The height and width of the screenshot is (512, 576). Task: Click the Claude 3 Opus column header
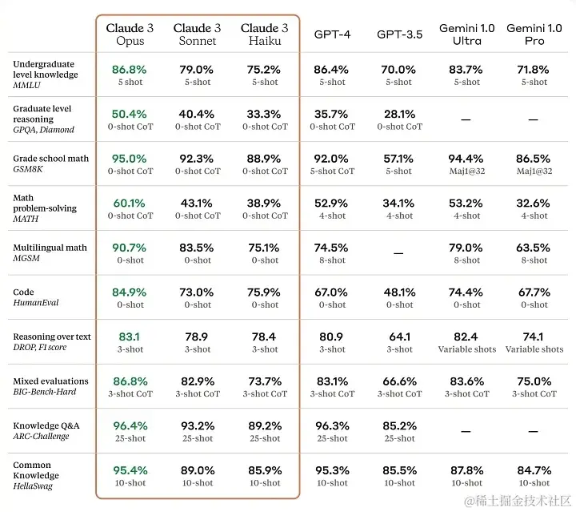(x=130, y=34)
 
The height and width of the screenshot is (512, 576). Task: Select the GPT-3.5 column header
(x=398, y=34)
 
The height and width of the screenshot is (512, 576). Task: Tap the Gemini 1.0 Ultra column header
(x=467, y=34)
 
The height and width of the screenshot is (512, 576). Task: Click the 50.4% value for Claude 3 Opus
(x=130, y=114)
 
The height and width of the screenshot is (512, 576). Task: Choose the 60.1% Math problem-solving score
(x=130, y=204)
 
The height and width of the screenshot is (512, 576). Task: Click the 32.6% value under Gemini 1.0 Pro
(x=534, y=204)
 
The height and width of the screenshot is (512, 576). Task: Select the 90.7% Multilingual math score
(x=130, y=248)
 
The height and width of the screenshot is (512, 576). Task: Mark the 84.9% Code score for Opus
(x=130, y=292)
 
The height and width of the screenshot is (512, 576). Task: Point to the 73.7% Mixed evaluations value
(x=265, y=381)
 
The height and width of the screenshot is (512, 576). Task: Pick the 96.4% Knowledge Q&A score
(x=130, y=426)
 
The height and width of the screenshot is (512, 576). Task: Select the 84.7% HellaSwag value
(x=534, y=470)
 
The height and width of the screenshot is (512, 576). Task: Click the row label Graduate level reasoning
(x=42, y=113)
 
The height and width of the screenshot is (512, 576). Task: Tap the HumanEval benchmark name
(x=36, y=303)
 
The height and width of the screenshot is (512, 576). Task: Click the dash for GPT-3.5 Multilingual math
(x=398, y=253)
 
